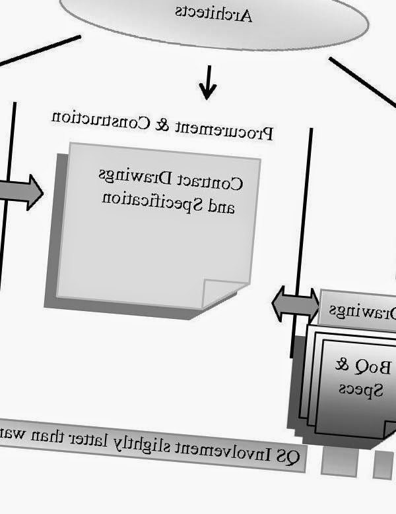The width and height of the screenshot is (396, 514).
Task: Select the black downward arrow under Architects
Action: pyautogui.click(x=208, y=83)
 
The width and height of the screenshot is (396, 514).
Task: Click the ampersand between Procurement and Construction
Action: pyautogui.click(x=160, y=124)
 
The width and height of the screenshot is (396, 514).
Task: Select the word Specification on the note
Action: pyautogui.click(x=153, y=200)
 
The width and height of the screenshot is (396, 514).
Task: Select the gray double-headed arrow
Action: pyautogui.click(x=295, y=304)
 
